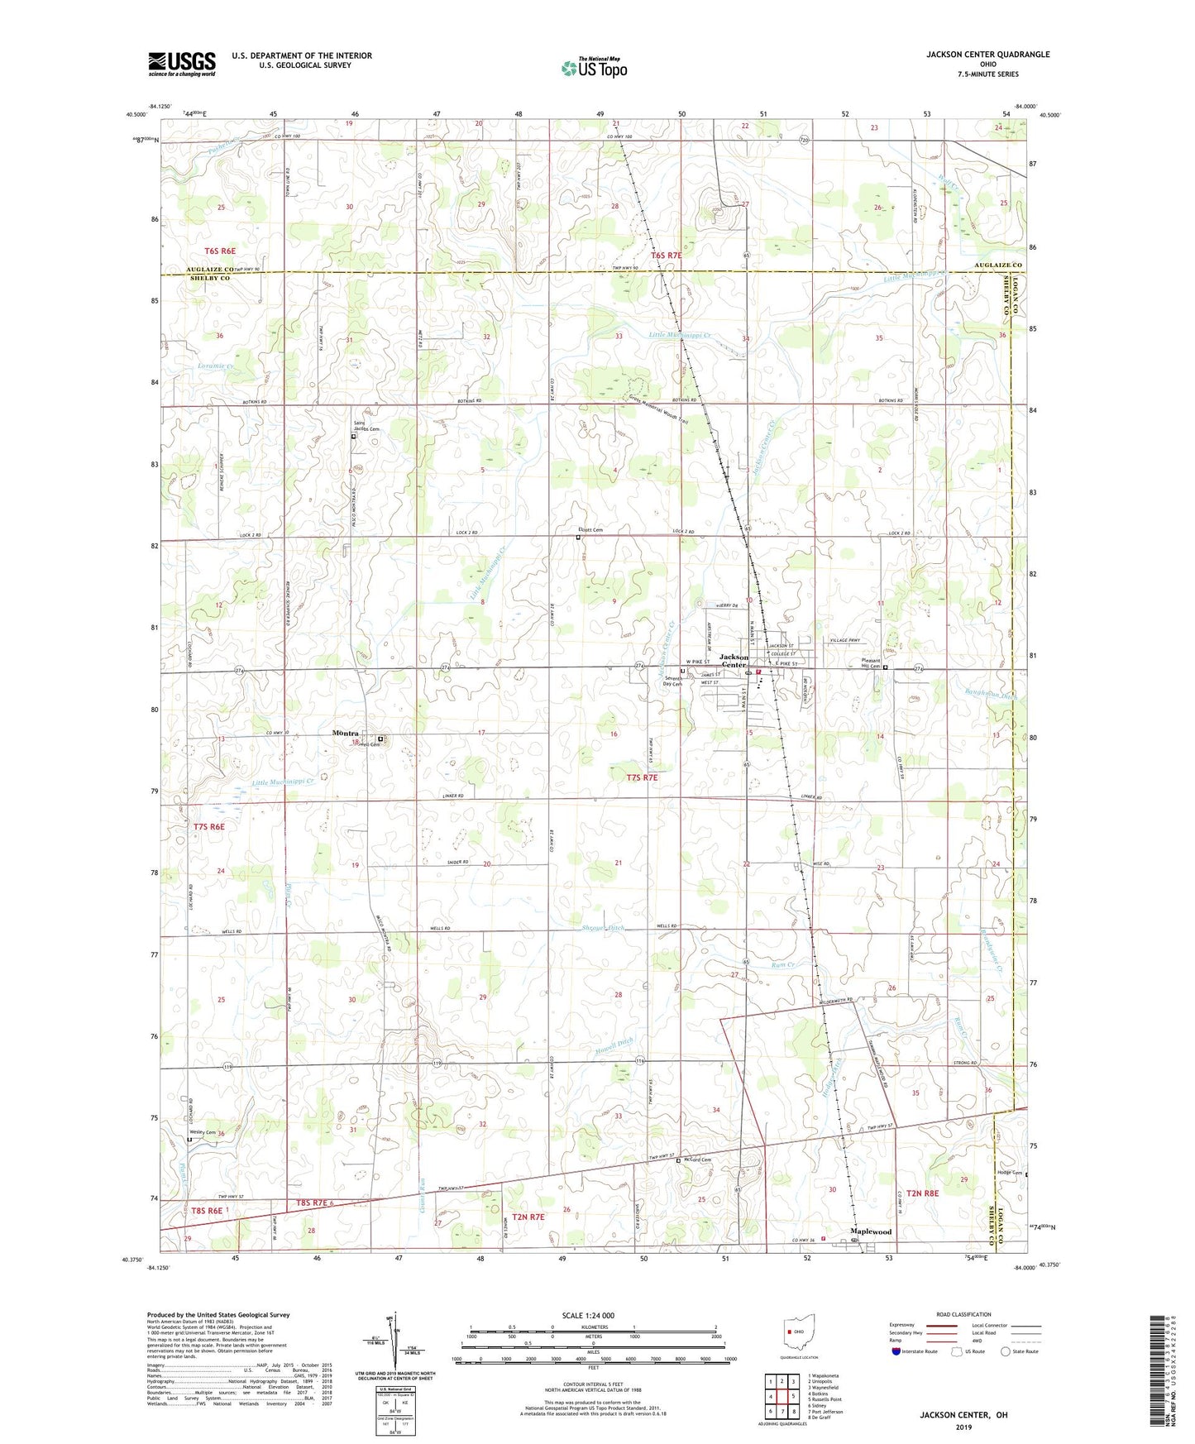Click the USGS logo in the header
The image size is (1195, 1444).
coord(182,63)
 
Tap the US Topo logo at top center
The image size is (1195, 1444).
coord(593,68)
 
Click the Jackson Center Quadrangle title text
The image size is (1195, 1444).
coord(987,55)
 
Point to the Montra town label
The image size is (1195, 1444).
coord(345,733)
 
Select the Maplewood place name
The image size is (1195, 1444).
coord(872,1231)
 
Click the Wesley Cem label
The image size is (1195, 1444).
coord(202,1132)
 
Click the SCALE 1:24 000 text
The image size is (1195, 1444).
coord(588,1315)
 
